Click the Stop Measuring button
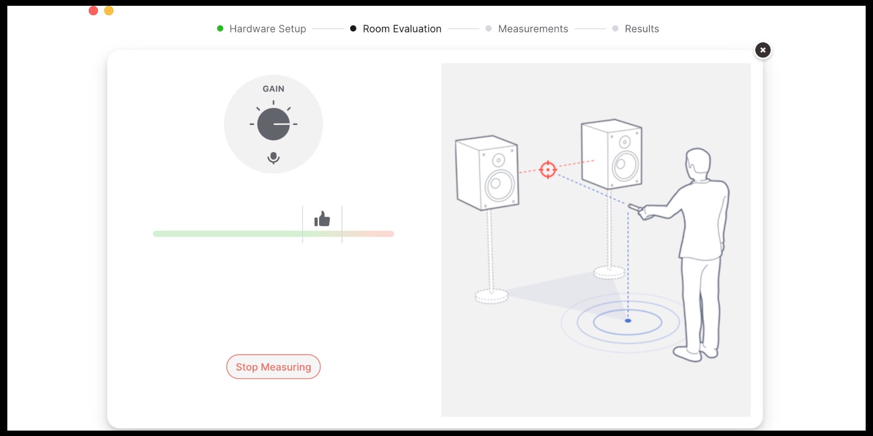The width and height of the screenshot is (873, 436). [273, 367]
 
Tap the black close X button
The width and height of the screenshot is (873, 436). [762, 50]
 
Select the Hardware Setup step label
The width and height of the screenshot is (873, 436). [268, 29]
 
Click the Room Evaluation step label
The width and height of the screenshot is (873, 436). [402, 29]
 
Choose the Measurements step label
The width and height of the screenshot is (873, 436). [533, 29]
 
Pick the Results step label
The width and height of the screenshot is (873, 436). [642, 29]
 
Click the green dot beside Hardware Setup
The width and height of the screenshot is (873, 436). [220, 29]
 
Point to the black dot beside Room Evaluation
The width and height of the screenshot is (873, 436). [353, 29]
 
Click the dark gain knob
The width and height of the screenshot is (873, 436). [274, 124]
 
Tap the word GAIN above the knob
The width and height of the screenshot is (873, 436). [274, 89]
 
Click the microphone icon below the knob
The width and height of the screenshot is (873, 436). [274, 158]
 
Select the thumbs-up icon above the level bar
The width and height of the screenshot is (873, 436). [322, 219]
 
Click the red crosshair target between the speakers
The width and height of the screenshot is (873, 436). [548, 170]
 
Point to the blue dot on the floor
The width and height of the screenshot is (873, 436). [628, 321]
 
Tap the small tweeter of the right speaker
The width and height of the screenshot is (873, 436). [625, 142]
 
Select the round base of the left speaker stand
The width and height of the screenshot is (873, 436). [492, 296]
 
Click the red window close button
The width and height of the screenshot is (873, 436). [94, 11]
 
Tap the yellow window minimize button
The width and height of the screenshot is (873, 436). [109, 11]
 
